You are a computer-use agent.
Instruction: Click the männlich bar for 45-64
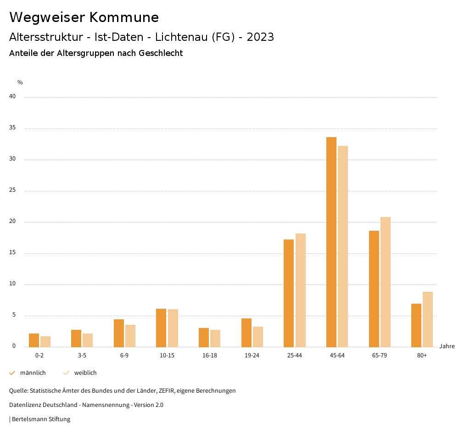click(331, 242)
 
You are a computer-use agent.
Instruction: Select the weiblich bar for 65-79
click(386, 282)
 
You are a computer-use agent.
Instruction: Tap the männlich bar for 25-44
click(289, 293)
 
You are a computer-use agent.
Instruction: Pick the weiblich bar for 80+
click(428, 319)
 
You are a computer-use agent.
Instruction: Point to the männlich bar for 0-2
click(34, 340)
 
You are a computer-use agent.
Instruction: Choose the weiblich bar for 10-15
click(173, 328)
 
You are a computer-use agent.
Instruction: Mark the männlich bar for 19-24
click(246, 333)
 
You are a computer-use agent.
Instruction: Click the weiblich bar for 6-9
click(130, 336)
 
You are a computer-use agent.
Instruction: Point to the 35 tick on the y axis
click(12, 128)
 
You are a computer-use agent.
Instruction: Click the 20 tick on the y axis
click(12, 222)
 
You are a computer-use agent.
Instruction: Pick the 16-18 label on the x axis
click(209, 356)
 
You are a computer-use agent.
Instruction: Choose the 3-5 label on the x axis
click(82, 356)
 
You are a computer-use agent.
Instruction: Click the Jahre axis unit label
click(447, 346)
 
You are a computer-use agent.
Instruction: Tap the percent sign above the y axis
click(20, 83)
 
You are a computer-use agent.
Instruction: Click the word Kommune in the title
click(123, 17)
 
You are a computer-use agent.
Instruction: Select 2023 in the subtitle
click(260, 37)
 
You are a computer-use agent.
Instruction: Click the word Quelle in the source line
click(18, 391)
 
